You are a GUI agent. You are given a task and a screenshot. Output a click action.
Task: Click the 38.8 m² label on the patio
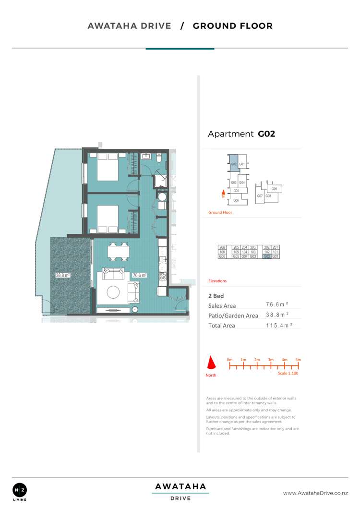click(63, 276)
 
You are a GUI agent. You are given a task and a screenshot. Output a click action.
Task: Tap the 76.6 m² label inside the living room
click(139, 276)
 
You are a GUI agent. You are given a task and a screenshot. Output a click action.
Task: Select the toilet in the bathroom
click(162, 197)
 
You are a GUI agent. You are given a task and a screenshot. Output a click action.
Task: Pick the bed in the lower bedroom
click(108, 218)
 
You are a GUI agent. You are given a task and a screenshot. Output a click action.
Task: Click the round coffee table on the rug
click(114, 292)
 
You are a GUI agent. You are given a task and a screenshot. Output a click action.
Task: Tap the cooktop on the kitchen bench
click(162, 277)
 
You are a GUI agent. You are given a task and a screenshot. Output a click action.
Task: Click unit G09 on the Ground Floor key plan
click(275, 189)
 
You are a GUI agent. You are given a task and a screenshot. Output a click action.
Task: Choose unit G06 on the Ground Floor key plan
click(236, 200)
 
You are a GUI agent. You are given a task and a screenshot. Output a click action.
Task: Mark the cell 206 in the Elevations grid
click(222, 247)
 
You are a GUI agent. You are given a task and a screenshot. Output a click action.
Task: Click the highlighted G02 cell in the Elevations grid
click(267, 256)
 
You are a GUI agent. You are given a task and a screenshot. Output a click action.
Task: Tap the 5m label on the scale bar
click(298, 360)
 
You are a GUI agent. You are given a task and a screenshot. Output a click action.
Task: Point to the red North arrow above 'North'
click(211, 363)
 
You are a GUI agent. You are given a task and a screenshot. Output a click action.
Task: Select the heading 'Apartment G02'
click(241, 134)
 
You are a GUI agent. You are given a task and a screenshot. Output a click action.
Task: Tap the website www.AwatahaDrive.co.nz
click(315, 493)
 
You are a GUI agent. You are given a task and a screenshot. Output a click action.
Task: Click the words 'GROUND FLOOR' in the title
click(232, 26)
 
